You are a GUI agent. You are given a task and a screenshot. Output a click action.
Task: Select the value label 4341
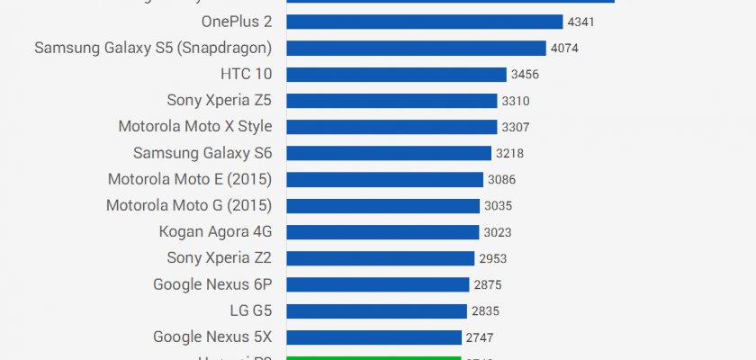click(x=583, y=22)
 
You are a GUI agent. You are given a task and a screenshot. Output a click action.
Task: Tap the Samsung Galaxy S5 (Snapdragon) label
click(x=153, y=48)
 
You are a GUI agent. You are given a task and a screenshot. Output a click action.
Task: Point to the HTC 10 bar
click(x=397, y=74)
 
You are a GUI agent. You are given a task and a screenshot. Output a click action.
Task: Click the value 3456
click(x=524, y=75)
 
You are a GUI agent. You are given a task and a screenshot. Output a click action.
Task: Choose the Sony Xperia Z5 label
click(x=219, y=100)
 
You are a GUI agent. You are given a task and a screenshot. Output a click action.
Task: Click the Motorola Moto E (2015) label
click(x=189, y=179)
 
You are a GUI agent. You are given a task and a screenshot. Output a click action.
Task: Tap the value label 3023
click(x=498, y=232)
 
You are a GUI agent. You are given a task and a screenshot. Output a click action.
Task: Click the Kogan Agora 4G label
click(x=215, y=231)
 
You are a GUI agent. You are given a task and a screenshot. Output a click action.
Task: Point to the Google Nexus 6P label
click(x=212, y=284)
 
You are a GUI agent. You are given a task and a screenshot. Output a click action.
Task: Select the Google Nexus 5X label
click(x=212, y=337)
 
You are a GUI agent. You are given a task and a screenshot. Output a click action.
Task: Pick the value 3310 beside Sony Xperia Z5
click(x=516, y=101)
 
